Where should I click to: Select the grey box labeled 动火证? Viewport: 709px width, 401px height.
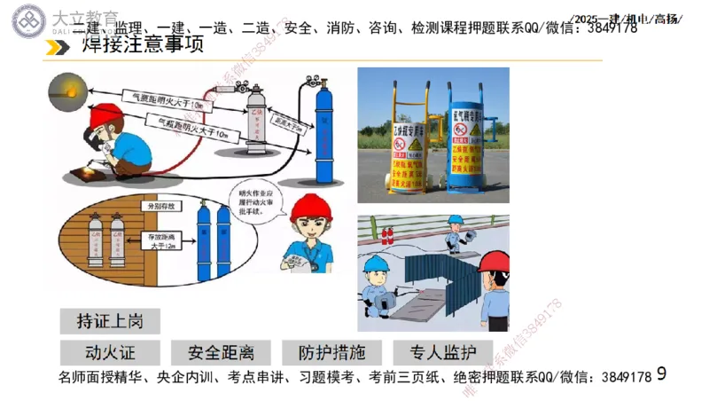(x=110, y=351)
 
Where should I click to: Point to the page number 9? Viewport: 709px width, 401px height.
(x=661, y=375)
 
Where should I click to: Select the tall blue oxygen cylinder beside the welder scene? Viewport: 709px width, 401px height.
(x=326, y=133)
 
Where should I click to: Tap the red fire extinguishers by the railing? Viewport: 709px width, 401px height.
(x=386, y=234)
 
